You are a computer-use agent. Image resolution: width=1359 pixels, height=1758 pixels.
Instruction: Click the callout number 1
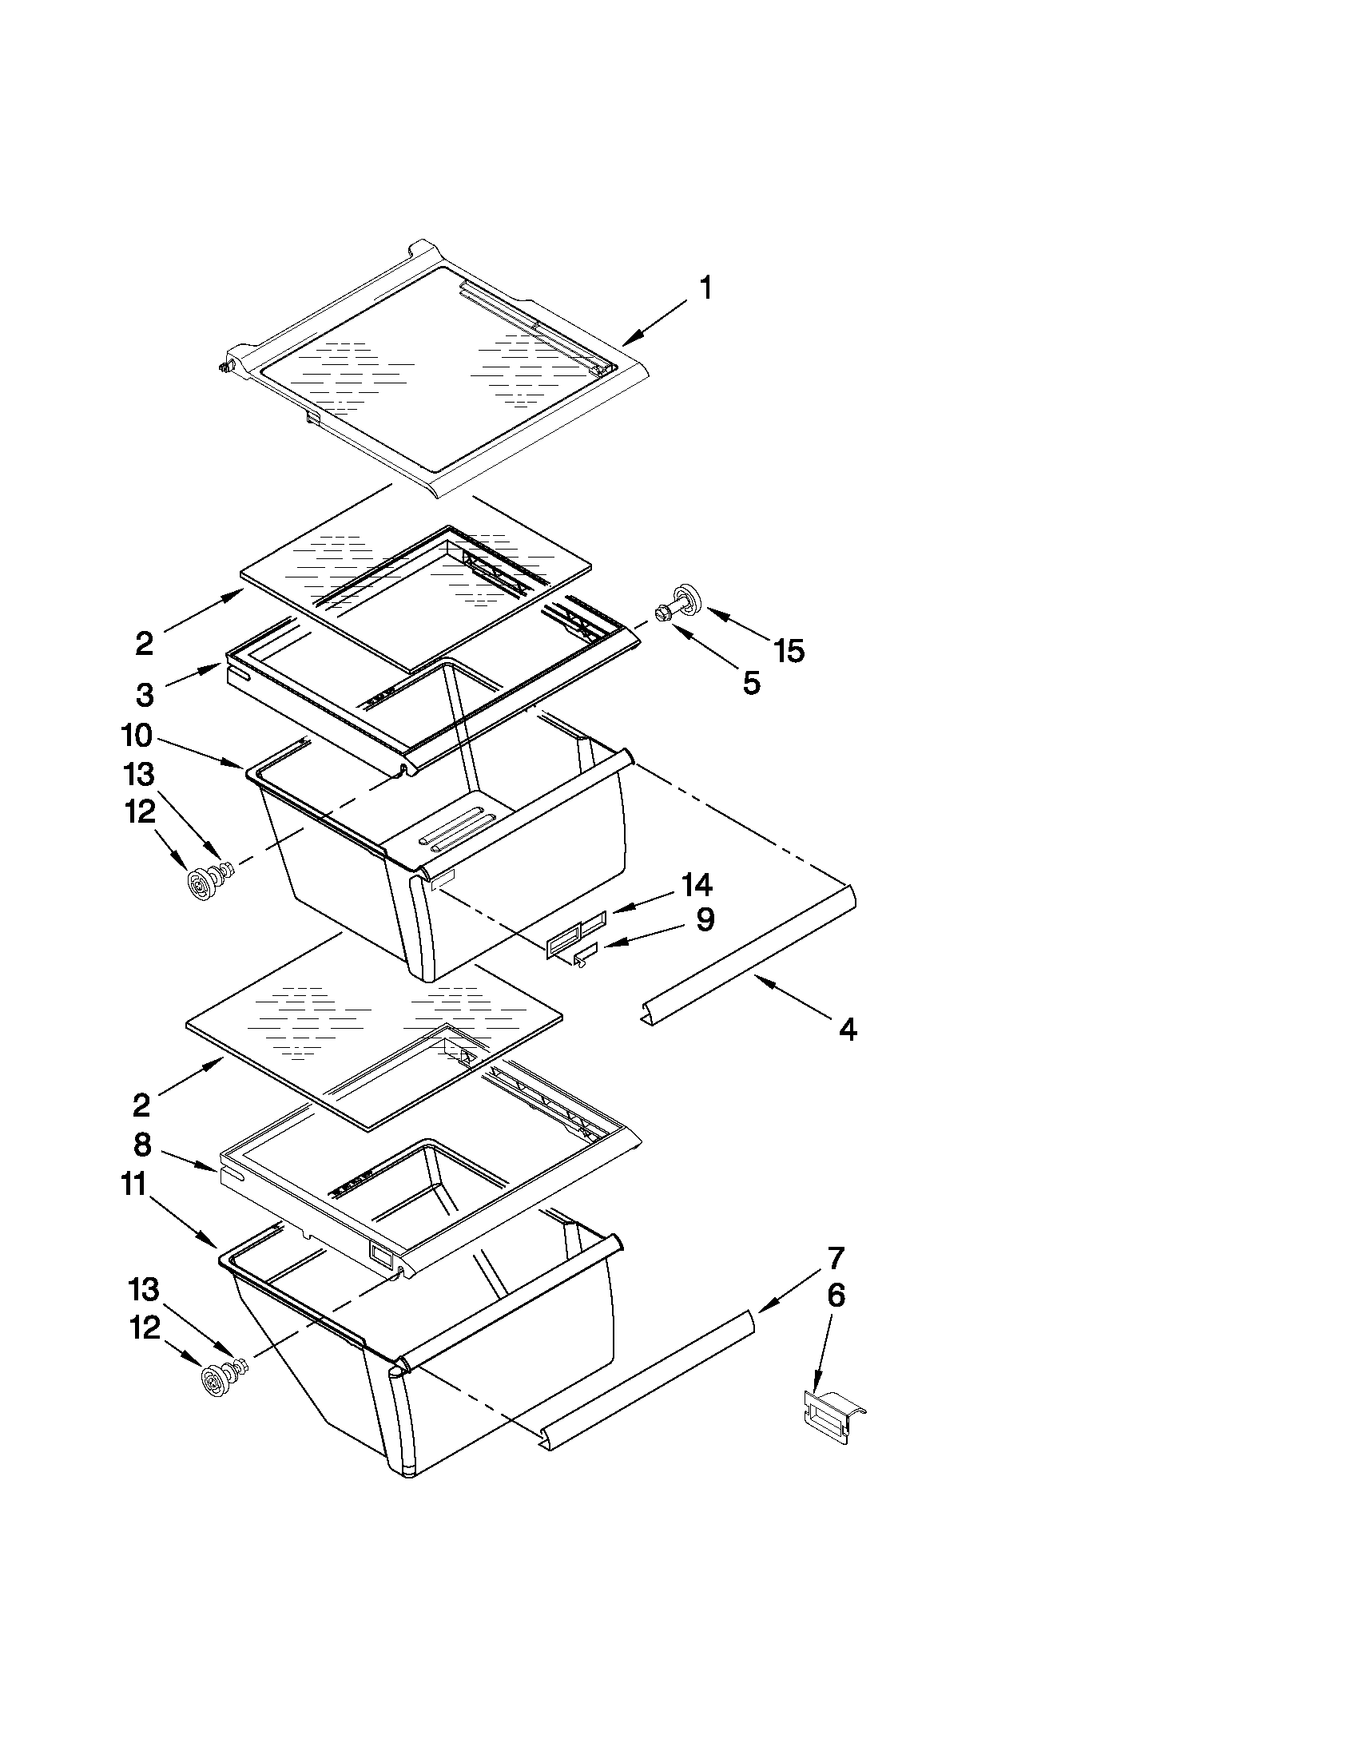(x=705, y=288)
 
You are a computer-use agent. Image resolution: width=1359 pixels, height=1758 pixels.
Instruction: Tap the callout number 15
(x=789, y=650)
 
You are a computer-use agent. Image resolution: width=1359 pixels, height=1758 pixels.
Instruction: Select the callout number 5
(x=750, y=684)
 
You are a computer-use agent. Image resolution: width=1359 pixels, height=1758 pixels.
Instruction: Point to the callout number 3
(x=144, y=694)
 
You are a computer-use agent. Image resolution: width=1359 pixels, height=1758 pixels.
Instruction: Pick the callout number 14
(x=697, y=885)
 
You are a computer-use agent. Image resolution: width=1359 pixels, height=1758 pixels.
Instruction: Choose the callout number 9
(x=705, y=919)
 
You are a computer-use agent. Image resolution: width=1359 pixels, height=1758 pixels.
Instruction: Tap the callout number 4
(x=847, y=1029)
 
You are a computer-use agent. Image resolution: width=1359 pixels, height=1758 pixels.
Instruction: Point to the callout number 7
(x=835, y=1256)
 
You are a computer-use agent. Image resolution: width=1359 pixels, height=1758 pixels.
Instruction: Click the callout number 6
(x=836, y=1296)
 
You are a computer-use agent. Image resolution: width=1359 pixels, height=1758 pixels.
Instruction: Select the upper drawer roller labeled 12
(x=198, y=885)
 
